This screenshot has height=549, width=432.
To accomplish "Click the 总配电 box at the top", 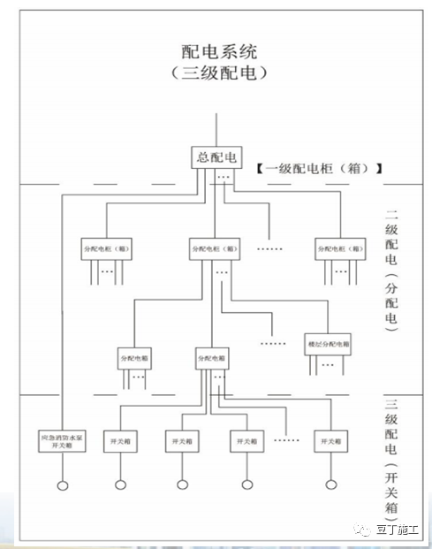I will pyautogui.click(x=216, y=158).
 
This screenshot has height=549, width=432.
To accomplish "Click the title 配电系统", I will pyautogui.click(x=216, y=51).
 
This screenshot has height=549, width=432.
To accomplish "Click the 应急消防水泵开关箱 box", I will pyautogui.click(x=63, y=441).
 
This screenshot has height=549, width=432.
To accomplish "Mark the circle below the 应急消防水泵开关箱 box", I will pyautogui.click(x=63, y=484).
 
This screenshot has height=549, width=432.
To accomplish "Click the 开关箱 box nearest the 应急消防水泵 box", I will pyautogui.click(x=120, y=440).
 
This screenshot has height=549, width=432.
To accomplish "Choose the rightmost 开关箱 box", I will pyautogui.click(x=330, y=440).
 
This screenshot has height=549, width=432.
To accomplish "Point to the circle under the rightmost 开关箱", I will pyautogui.click(x=330, y=484).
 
